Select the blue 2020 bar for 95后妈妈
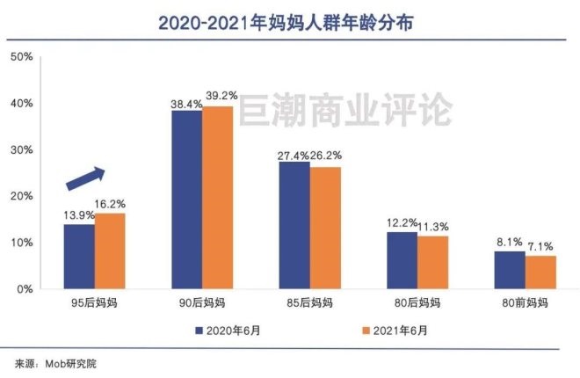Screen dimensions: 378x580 pos(78,256)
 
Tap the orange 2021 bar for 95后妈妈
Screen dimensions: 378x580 pos(110,251)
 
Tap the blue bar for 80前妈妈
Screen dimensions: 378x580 pos(510,270)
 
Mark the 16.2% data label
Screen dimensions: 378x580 pos(112,203)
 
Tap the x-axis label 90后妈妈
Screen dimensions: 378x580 pos(201,304)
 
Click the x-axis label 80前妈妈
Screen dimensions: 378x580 pos(526,304)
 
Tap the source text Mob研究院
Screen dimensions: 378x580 pos(70,363)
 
